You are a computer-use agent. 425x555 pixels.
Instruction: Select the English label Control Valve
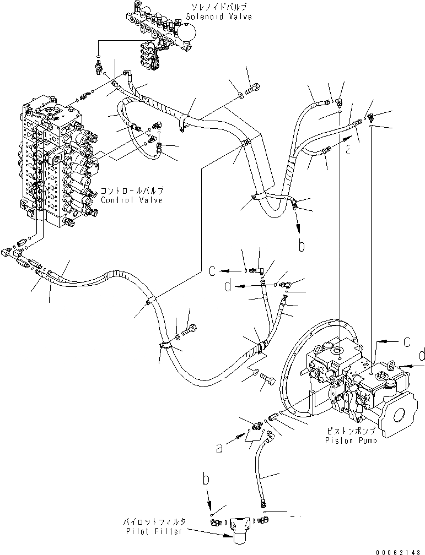[132, 200]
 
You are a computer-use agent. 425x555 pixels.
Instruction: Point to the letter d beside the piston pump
[421, 356]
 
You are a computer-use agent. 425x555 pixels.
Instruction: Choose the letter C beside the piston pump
[405, 342]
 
